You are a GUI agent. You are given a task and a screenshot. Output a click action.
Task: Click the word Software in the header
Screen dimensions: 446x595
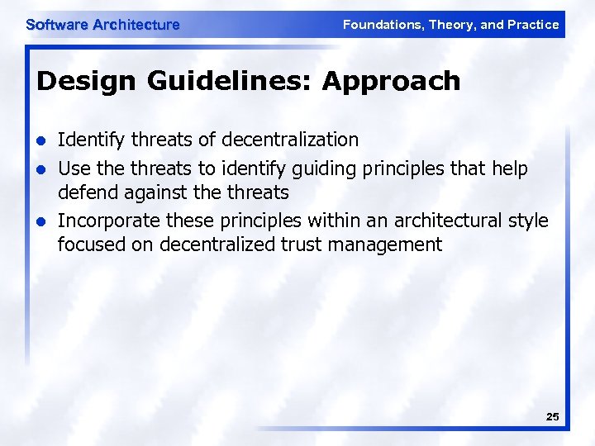tap(57, 25)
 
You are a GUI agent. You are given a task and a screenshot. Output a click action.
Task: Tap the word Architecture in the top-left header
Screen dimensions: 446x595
tap(136, 25)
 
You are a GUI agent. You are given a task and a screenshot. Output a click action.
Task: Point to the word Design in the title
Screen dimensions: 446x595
tap(72, 81)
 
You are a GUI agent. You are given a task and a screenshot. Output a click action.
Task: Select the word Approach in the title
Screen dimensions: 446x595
tap(391, 81)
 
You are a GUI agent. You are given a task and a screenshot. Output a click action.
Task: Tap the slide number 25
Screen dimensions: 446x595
tap(552, 417)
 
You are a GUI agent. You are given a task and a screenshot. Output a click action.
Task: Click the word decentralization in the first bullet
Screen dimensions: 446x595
tap(290, 140)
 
